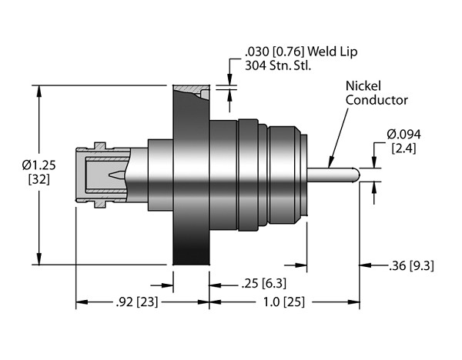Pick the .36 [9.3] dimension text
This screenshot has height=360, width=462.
tap(412, 267)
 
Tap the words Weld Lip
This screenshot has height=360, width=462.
tap(339, 52)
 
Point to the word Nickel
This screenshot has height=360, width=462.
tap(364, 86)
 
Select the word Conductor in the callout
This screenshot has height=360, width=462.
tap(376, 100)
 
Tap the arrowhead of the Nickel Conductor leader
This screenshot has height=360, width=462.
tap(328, 164)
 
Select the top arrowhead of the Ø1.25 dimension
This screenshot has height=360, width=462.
tap(38, 89)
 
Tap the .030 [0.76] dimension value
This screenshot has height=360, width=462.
tap(269, 52)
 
